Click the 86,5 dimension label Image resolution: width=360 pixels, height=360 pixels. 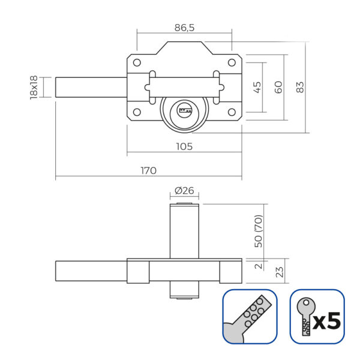[x=184, y=28]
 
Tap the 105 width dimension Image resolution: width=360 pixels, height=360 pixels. [x=184, y=146]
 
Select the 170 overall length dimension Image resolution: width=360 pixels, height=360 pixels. [x=149, y=170]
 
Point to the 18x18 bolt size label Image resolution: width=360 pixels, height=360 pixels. [x=34, y=87]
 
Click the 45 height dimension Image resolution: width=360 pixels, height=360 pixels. [x=257, y=87]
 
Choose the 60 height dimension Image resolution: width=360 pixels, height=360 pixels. [x=278, y=87]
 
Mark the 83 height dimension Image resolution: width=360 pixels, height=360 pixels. [x=300, y=87]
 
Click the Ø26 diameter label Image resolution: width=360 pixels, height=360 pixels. [x=184, y=191]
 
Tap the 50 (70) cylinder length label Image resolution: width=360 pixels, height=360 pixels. [x=258, y=231]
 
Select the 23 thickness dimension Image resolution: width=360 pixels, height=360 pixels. [x=280, y=272]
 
